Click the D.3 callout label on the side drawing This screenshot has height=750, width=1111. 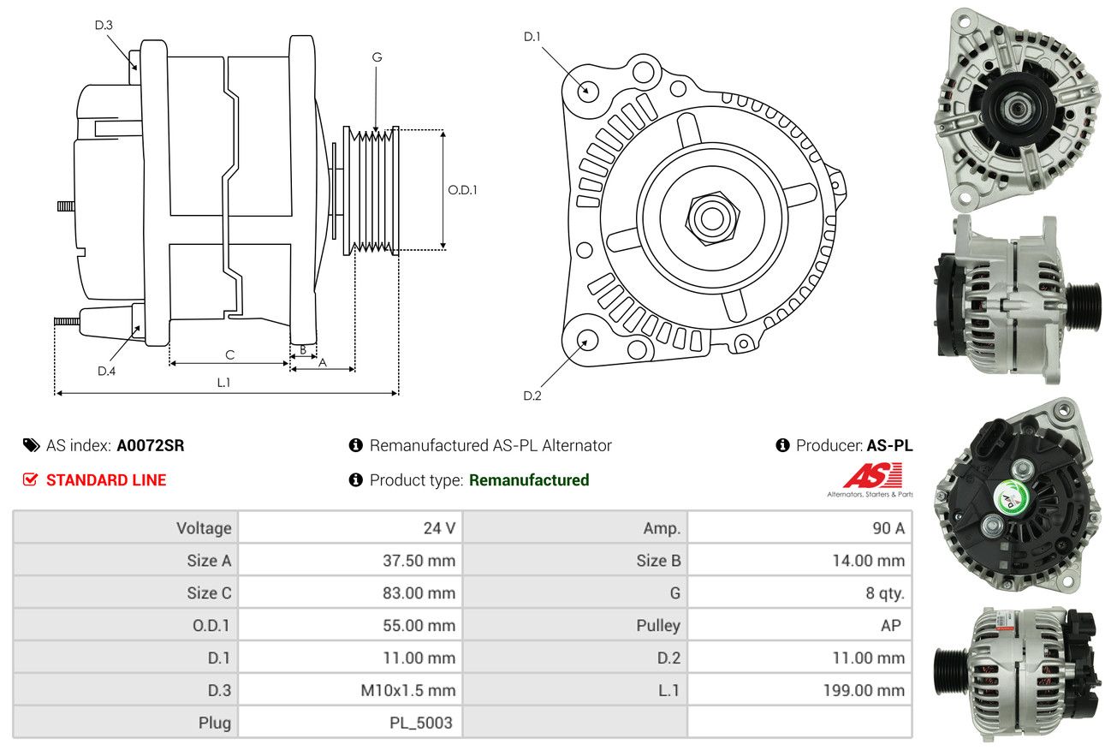[104, 25]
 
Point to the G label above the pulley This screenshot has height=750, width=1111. [377, 57]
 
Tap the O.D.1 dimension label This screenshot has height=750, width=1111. [462, 190]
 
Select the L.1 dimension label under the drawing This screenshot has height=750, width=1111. [223, 383]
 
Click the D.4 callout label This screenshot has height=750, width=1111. [107, 371]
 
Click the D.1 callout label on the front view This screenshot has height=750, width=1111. [532, 37]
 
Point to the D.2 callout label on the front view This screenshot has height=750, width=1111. [532, 396]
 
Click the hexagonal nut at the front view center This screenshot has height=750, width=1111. [712, 218]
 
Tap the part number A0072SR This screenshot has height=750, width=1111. [151, 445]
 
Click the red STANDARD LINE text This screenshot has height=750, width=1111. [106, 480]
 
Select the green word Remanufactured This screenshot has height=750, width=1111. [529, 480]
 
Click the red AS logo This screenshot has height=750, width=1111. [872, 475]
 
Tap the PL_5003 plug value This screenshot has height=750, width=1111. [421, 723]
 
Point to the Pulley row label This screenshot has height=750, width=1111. [658, 626]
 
